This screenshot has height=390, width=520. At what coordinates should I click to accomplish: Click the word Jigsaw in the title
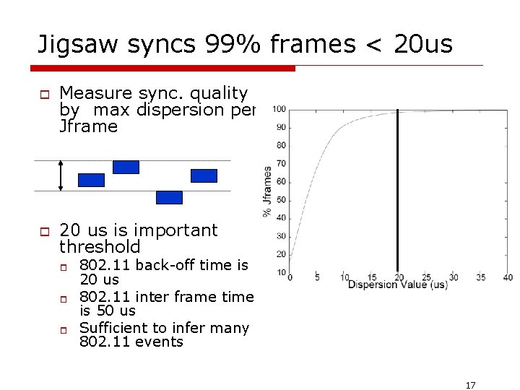(x=77, y=45)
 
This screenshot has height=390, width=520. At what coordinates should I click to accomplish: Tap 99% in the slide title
(x=220, y=45)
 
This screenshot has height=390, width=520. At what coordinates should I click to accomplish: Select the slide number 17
(x=470, y=385)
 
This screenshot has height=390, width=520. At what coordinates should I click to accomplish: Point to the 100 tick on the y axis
(x=279, y=110)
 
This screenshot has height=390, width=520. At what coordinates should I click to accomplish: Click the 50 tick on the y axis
(x=281, y=200)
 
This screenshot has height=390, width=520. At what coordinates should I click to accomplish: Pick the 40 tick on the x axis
(x=508, y=277)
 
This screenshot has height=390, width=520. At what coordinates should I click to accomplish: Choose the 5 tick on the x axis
(x=317, y=277)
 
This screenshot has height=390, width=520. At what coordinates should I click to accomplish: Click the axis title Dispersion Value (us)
(x=398, y=285)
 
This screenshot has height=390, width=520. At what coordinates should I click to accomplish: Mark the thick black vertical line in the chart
(x=397, y=191)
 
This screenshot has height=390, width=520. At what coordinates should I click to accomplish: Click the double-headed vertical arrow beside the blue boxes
(x=61, y=175)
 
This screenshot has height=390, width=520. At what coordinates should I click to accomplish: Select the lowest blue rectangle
(x=170, y=197)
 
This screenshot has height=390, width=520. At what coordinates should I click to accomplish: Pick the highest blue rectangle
(x=126, y=167)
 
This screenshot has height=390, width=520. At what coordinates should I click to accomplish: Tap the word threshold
(x=100, y=248)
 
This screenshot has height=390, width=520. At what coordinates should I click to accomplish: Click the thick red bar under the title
(x=163, y=68)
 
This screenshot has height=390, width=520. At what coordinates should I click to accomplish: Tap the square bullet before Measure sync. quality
(x=43, y=94)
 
